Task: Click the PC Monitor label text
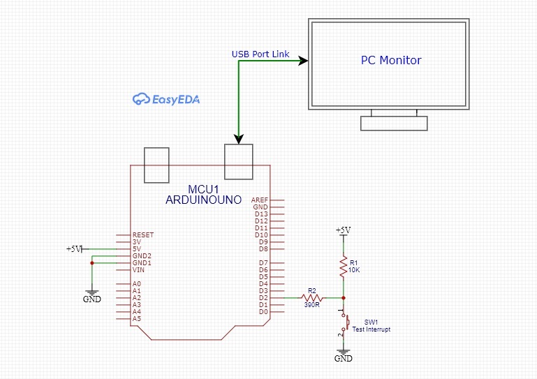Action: click(390, 61)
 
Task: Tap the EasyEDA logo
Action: click(166, 99)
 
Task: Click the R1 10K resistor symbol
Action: click(343, 266)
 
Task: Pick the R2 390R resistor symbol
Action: click(312, 297)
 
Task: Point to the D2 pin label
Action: click(263, 298)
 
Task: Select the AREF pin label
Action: click(260, 200)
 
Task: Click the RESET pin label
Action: click(142, 235)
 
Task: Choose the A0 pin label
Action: click(136, 284)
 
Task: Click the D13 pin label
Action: click(261, 214)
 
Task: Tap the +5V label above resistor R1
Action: click(343, 230)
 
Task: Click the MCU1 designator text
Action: click(204, 190)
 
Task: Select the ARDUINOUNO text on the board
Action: click(203, 200)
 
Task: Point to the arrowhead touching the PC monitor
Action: click(303, 61)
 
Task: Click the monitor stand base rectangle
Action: click(393, 124)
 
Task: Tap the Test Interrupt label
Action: click(372, 329)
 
